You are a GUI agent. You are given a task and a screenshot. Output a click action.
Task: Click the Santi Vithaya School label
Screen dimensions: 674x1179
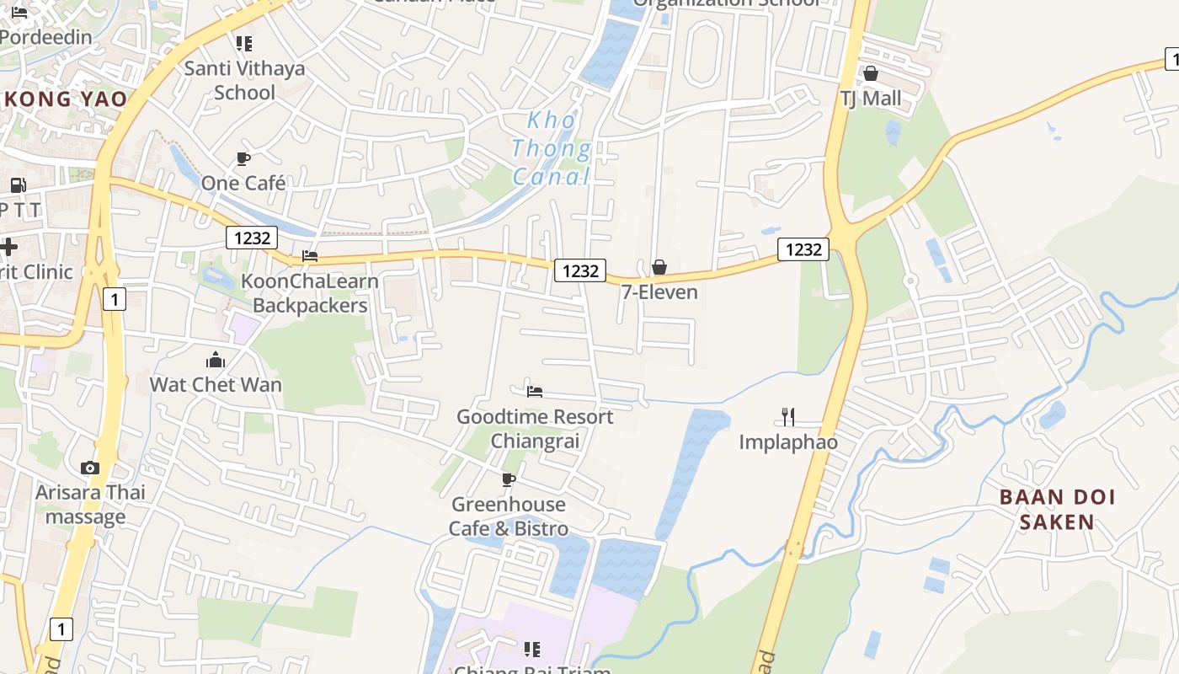pyautogui.click(x=244, y=80)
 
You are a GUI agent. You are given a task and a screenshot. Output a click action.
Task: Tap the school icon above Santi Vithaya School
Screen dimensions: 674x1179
pyautogui.click(x=244, y=43)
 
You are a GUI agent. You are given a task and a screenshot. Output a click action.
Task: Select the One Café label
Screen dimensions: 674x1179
pyautogui.click(x=243, y=183)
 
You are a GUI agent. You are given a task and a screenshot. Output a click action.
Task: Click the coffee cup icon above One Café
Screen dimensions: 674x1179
pyautogui.click(x=243, y=158)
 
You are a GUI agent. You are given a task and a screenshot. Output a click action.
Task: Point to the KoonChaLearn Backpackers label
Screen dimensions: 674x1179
pyautogui.click(x=310, y=293)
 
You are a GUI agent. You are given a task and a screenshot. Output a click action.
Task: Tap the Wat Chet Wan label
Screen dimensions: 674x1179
pyautogui.click(x=216, y=384)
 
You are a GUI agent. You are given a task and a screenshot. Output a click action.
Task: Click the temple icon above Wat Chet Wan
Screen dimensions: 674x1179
pyautogui.click(x=216, y=361)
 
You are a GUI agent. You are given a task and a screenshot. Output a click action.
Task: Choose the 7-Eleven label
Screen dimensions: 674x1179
pyautogui.click(x=659, y=292)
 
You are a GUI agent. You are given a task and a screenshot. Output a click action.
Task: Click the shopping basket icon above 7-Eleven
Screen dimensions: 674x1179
pyautogui.click(x=659, y=267)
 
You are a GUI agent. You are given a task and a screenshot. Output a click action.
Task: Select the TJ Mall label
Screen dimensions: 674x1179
pyautogui.click(x=871, y=99)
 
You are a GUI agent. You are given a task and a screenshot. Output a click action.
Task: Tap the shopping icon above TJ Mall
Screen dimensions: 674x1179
pyautogui.click(x=871, y=73)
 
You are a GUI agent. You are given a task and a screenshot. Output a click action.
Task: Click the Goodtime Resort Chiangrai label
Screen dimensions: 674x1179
pyautogui.click(x=535, y=428)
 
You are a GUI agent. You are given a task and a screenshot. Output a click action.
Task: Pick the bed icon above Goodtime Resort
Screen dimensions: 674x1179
pyautogui.click(x=535, y=391)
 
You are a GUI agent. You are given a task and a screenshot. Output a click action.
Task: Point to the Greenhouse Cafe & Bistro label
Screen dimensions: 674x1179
pyautogui.click(x=509, y=516)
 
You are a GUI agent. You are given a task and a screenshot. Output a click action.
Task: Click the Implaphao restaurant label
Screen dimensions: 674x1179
pyautogui.click(x=788, y=441)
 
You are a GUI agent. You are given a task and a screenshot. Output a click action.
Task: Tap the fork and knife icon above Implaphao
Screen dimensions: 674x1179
pyautogui.click(x=788, y=416)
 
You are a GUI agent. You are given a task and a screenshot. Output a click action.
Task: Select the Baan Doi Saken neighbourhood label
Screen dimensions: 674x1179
pyautogui.click(x=1057, y=509)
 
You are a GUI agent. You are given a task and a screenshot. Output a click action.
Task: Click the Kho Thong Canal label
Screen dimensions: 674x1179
pyautogui.click(x=552, y=148)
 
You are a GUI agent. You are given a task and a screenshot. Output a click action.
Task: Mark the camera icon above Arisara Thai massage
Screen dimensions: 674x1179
pyautogui.click(x=90, y=468)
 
